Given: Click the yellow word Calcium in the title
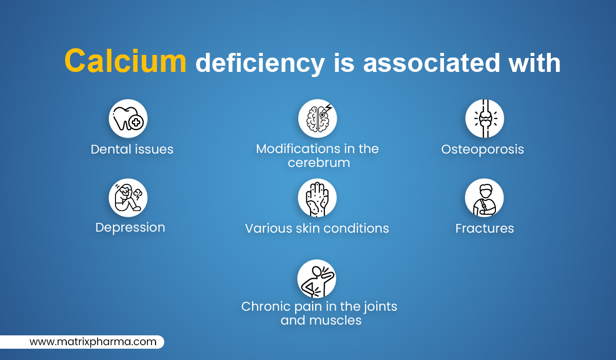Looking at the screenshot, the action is coord(125,61).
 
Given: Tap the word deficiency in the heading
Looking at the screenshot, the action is coord(260,64).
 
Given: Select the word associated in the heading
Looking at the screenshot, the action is coord(431,63).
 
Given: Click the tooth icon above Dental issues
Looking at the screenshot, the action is coord(128,119).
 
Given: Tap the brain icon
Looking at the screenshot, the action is coord(318,119).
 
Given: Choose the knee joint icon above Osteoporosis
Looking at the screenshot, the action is coord(485,119).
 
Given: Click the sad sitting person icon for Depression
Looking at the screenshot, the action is coord(128,198).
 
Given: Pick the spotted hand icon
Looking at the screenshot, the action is coord(317,198).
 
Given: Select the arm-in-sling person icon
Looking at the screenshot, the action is coord(485,198).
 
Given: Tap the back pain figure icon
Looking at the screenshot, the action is coord(317,278).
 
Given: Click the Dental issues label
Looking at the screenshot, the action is coord(132,149).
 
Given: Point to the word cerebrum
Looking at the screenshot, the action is coord(319,162).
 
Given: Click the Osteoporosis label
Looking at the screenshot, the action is coord(483,150).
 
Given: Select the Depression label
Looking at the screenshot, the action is coord(130,228).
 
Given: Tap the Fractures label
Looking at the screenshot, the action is coord(485,228).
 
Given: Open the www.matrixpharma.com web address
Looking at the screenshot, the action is coord(93,342).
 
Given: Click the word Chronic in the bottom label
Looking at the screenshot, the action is coord(266,307).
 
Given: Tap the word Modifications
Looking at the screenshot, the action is coord(298,149).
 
